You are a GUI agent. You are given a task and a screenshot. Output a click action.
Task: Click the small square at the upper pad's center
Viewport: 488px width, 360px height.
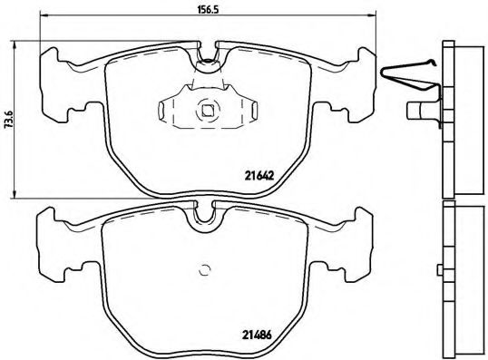tap(207, 112)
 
